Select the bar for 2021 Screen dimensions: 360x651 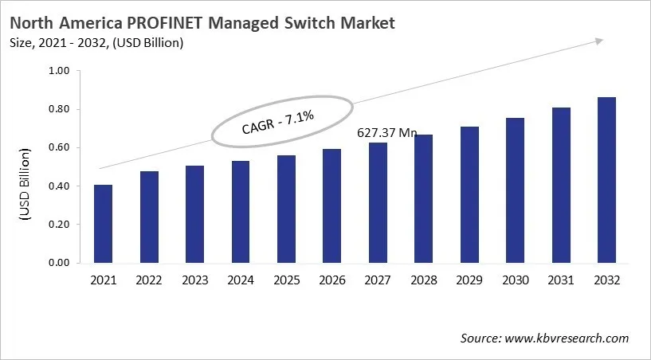(x=103, y=224)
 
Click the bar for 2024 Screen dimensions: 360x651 (x=241, y=212)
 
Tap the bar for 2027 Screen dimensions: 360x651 (x=378, y=202)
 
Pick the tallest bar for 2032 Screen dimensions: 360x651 (x=606, y=180)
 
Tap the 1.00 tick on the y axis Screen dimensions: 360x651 (x=60, y=71)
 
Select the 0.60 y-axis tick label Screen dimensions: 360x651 (x=60, y=147)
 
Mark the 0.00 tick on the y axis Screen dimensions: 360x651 (x=60, y=263)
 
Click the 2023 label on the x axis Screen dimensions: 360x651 (x=194, y=280)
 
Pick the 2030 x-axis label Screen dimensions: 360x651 (x=515, y=280)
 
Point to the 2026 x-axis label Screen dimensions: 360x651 (x=331, y=280)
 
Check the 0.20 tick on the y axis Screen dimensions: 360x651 (x=60, y=225)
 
